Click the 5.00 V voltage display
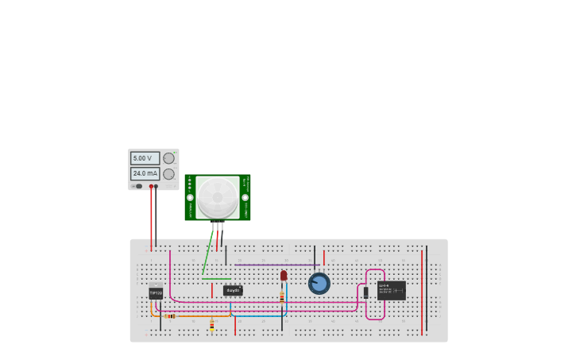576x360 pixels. pyautogui.click(x=145, y=158)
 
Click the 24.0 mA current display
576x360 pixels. pyautogui.click(x=145, y=173)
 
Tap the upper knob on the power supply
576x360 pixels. pyautogui.click(x=168, y=158)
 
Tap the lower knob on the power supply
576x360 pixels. pyautogui.click(x=168, y=174)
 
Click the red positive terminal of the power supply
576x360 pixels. pyautogui.click(x=151, y=187)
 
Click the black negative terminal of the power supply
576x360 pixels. pyautogui.click(x=156, y=187)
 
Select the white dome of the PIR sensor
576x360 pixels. pyautogui.click(x=218, y=197)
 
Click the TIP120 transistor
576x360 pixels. pyautogui.click(x=156, y=292)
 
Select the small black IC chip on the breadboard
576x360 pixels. pyautogui.click(x=233, y=290)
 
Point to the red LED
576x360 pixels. pyautogui.click(x=284, y=276)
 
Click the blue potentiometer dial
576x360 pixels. pyautogui.click(x=319, y=283)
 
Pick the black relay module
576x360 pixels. pyautogui.click(x=392, y=290)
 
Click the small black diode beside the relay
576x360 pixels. pyautogui.click(x=365, y=292)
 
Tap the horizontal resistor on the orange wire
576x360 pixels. pyautogui.click(x=171, y=316)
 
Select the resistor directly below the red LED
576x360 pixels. pyautogui.click(x=282, y=297)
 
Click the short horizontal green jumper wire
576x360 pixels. pyautogui.click(x=216, y=279)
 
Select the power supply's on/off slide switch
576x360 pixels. pyautogui.click(x=138, y=187)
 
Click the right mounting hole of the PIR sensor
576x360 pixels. pyautogui.click(x=245, y=197)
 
